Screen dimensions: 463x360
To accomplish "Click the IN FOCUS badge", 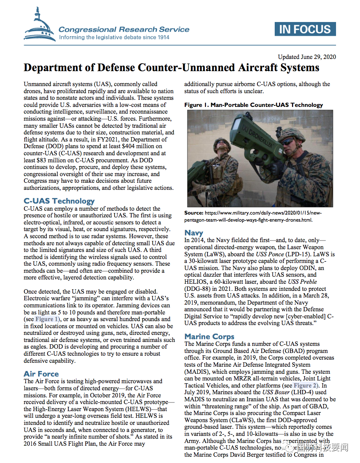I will [x=305, y=29].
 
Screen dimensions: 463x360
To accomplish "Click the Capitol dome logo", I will [x=39, y=27].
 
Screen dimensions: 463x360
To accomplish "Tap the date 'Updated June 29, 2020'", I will [x=307, y=57].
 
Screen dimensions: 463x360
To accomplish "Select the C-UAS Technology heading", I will [x=59, y=201].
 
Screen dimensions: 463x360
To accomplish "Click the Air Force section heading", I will [x=41, y=374].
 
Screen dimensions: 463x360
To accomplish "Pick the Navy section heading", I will [x=194, y=233].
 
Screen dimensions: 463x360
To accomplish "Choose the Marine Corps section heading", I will [x=209, y=337].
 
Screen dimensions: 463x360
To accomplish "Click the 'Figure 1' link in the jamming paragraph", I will [x=47, y=319].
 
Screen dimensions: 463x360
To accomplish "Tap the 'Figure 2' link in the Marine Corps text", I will [x=305, y=386].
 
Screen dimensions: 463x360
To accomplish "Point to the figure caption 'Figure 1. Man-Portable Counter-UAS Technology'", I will [x=253, y=105].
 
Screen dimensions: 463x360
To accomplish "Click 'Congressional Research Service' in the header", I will [x=124, y=29].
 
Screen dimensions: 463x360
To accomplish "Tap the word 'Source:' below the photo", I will [x=194, y=213].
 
